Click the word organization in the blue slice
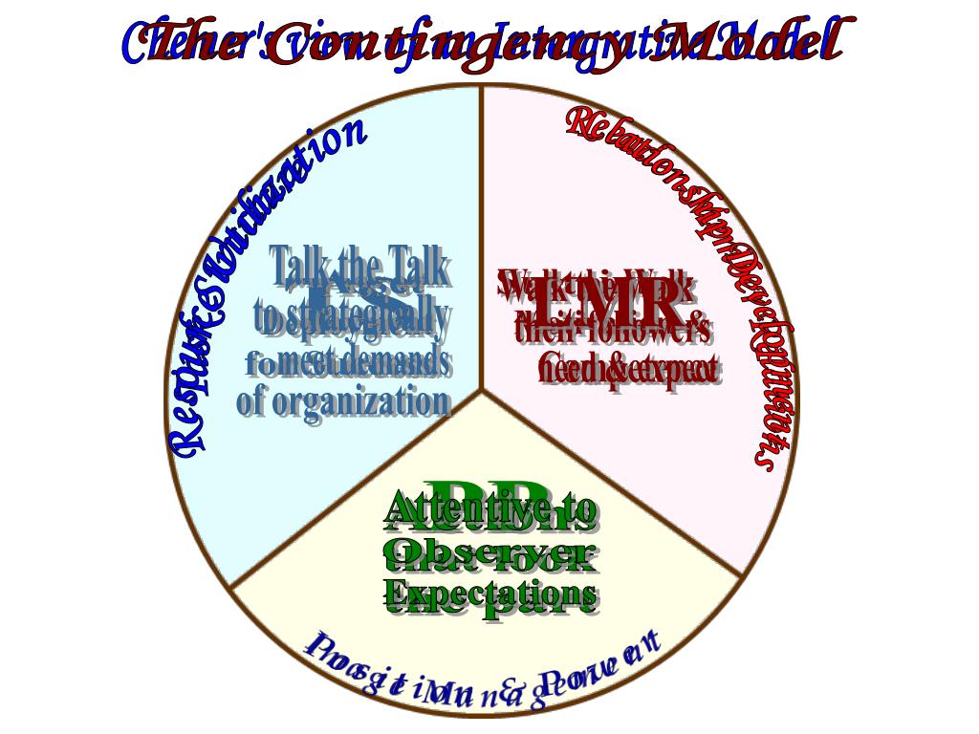(x=361, y=401)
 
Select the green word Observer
(x=489, y=550)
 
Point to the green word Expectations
(x=491, y=594)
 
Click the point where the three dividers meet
(x=482, y=390)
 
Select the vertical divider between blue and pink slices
(x=482, y=239)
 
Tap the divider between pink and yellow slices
(x=612, y=483)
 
